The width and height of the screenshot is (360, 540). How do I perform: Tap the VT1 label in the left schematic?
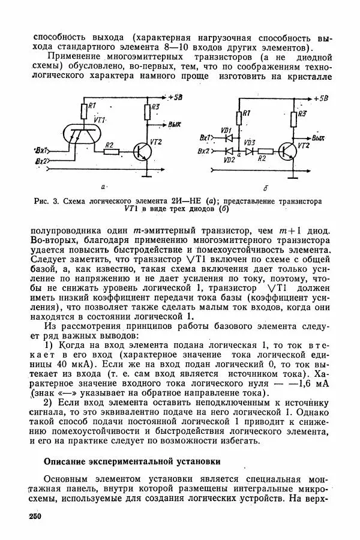(100, 121)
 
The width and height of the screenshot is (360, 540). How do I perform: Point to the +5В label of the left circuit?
(177, 97)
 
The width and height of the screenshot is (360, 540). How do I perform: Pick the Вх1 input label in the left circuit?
(42, 151)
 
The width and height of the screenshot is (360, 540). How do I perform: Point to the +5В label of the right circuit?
(320, 98)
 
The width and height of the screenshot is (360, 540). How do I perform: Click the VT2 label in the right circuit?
(304, 146)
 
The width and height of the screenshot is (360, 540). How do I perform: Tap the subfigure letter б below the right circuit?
(265, 189)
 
